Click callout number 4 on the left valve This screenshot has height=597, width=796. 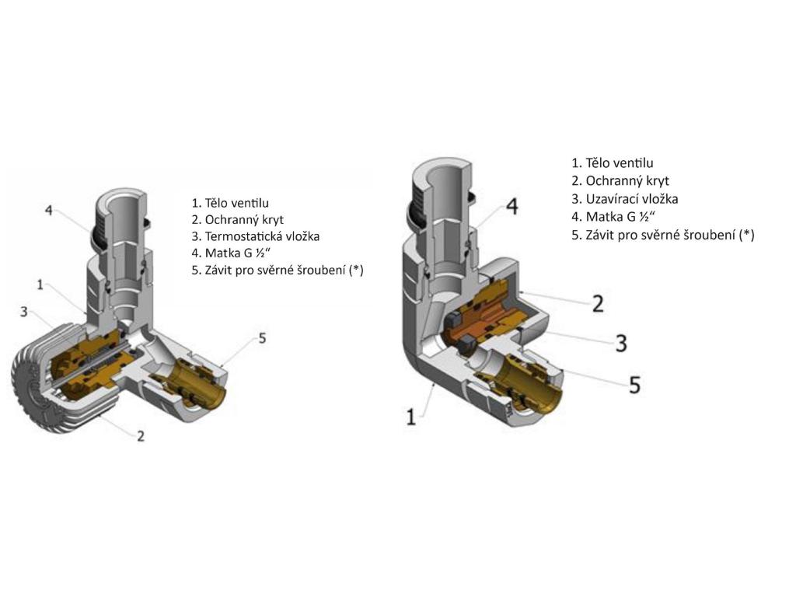point(48,211)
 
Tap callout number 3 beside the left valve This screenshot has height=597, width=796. point(24,312)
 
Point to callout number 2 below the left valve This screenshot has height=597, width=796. point(140,436)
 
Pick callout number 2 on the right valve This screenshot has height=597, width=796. point(597,303)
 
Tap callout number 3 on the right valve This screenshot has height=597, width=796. point(620,343)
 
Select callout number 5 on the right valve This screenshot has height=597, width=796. point(634,384)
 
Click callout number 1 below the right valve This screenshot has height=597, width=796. point(410,417)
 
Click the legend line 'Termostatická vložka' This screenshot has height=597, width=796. point(256,236)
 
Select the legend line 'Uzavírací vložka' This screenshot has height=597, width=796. point(624,199)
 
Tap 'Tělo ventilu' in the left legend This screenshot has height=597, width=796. point(230,203)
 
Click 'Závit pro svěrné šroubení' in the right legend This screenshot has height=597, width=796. point(662,235)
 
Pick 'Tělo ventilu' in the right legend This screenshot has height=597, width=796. point(612,163)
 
